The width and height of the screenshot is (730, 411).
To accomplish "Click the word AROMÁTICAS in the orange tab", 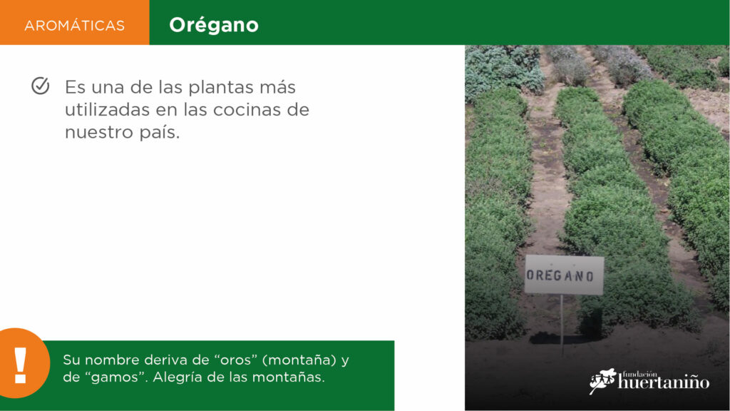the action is coord(74,25).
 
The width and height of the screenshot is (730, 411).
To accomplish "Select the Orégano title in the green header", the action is coord(214,25).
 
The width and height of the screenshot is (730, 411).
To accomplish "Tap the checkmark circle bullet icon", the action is coord(41,86).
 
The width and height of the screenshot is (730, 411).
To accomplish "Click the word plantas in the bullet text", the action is coord(223,88).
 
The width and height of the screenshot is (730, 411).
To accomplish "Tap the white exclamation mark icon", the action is coord(20,365).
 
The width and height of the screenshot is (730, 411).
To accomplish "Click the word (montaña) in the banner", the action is coord(300,360).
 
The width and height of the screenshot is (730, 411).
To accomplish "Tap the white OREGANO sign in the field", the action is coord(565,275).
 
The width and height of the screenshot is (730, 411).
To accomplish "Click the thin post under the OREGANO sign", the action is coord(562,325).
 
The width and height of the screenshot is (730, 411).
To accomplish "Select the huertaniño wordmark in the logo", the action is coord(664,382).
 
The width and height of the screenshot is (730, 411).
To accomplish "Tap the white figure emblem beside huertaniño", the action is coord(602,381).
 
